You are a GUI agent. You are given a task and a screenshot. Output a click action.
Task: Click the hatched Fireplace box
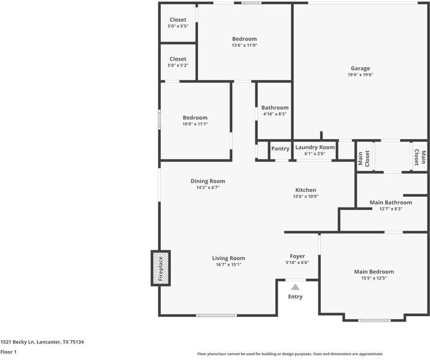161,268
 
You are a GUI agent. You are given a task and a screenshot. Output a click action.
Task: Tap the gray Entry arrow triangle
295,287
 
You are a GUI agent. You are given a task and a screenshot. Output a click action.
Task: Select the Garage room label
360,68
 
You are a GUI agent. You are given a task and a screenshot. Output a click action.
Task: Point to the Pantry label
280,148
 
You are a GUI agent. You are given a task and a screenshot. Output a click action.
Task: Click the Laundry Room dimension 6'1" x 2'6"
315,154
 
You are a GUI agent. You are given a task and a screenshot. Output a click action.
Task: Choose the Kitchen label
305,190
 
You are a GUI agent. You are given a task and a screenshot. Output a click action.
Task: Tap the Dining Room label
208,181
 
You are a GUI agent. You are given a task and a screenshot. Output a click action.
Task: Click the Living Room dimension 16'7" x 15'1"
228,265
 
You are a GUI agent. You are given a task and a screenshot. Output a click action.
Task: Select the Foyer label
297,256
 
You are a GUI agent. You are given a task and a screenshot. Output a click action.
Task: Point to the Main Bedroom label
374,272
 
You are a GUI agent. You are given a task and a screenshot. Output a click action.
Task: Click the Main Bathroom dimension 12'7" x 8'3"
391,209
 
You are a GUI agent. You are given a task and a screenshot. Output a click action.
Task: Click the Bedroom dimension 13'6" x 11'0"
244,45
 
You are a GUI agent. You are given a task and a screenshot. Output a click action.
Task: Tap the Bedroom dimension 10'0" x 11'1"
196,124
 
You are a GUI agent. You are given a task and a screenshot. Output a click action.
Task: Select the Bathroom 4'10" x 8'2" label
275,110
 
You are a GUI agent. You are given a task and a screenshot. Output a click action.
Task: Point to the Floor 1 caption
8,352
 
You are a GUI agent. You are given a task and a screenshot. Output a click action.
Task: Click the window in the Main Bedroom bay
374,320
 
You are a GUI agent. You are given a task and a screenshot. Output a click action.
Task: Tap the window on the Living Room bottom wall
216,316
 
